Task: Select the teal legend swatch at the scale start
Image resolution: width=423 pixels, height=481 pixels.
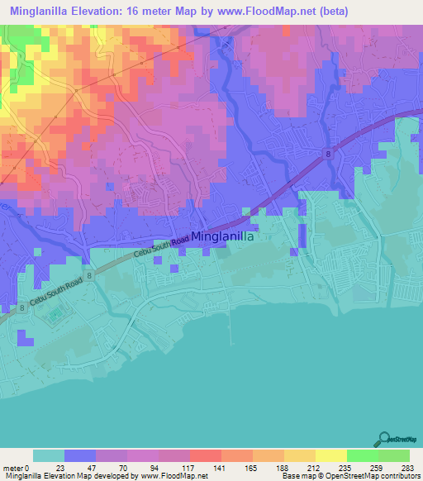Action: pos(49,456)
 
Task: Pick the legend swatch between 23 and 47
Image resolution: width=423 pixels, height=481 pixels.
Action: pos(80,456)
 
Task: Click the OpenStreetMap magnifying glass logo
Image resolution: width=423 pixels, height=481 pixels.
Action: pos(384,439)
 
